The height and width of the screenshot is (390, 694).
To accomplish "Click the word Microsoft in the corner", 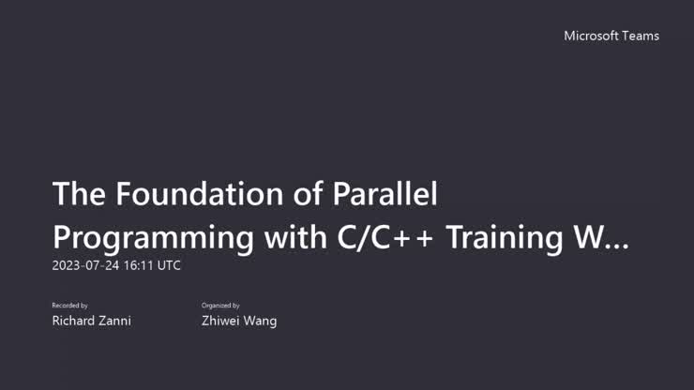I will tap(593, 36).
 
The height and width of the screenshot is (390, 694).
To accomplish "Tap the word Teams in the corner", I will tap(641, 36).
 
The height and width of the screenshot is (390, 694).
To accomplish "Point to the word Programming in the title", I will tap(152, 237).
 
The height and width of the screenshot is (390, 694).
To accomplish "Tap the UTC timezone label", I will tap(169, 265).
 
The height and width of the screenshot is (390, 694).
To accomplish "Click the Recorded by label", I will tap(70, 306).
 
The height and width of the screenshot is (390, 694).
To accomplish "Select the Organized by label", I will tap(221, 306).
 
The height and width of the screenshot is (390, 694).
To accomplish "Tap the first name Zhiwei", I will tap(221, 321).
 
